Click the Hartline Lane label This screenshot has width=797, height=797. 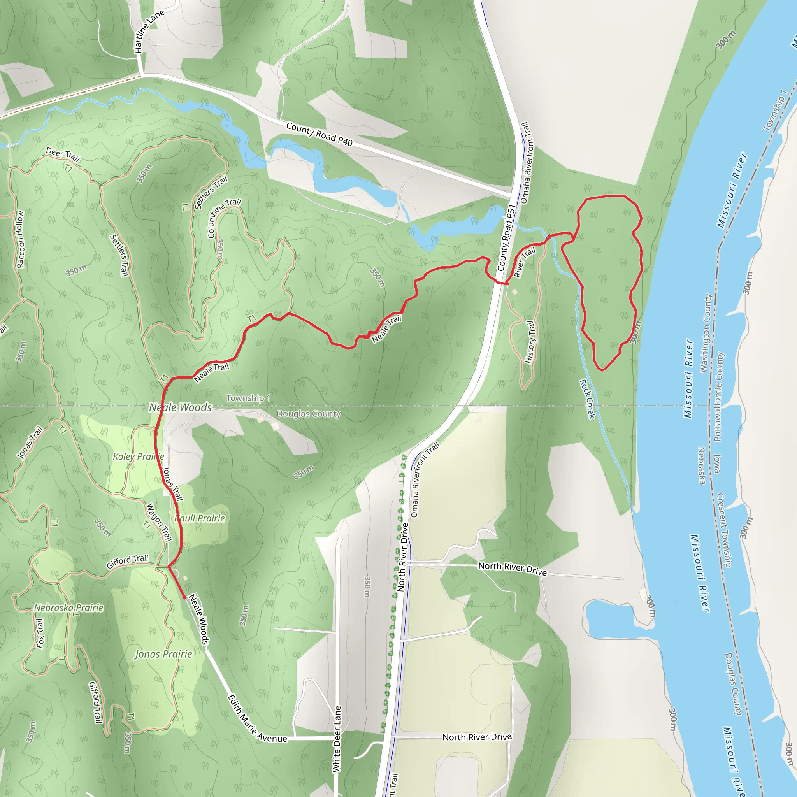149,32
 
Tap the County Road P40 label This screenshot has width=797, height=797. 319,134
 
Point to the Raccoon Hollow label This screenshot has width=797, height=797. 20,239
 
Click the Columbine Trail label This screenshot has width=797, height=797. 223,218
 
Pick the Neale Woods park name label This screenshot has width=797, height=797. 180,407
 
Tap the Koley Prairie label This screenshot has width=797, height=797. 138,456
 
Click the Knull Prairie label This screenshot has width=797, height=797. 200,518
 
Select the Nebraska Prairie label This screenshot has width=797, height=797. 68,607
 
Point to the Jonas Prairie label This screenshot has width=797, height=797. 163,654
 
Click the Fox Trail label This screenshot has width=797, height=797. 40,633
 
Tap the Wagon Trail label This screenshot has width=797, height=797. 159,522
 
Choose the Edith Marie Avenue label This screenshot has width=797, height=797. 256,719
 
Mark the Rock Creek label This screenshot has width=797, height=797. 587,399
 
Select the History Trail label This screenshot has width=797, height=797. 531,342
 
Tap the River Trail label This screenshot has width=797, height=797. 524,262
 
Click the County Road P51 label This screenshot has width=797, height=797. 507,238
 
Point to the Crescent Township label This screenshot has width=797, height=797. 724,530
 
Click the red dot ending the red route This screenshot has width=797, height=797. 184,597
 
